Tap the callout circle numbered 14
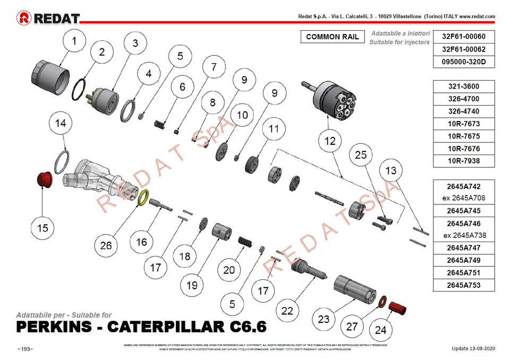(x=61, y=124)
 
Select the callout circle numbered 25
(x=361, y=155)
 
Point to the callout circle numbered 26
(x=106, y=245)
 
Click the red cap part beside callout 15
(x=44, y=179)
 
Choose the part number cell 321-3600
(x=464, y=87)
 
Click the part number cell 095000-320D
(x=464, y=62)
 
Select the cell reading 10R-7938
(x=464, y=161)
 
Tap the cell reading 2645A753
(x=464, y=286)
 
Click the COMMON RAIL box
(x=333, y=37)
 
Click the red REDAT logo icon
(x=24, y=19)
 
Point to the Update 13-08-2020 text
(x=473, y=348)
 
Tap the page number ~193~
(x=25, y=349)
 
